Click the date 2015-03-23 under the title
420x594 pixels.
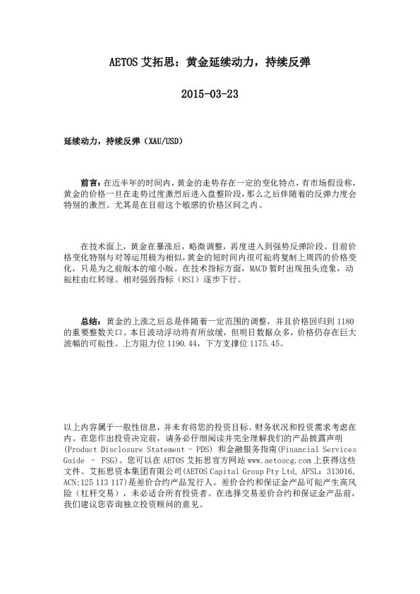point(210,94)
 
